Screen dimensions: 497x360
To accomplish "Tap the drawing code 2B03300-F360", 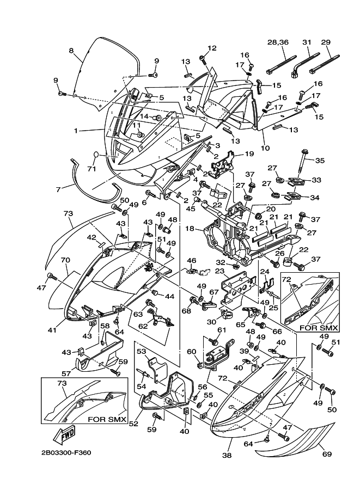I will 66,452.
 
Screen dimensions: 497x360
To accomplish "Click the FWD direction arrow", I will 65,435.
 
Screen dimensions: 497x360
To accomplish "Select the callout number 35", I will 320,161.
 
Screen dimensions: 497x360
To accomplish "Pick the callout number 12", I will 212,48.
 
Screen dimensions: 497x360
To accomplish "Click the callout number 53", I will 141,352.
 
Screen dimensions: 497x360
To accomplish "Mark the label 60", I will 192,352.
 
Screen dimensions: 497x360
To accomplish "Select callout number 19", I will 249,154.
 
